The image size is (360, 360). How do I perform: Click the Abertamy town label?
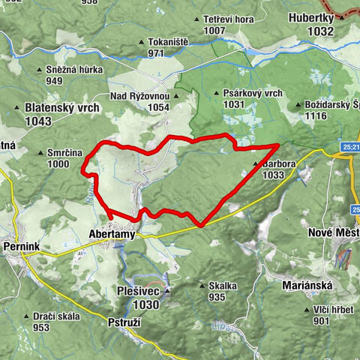pyautogui.click(x=112, y=233)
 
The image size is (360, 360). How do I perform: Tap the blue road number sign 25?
pyautogui.click(x=349, y=147)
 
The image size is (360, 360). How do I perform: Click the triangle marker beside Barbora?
pyautogui.click(x=256, y=163)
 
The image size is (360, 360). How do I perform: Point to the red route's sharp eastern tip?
pyautogui.click(x=280, y=144)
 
